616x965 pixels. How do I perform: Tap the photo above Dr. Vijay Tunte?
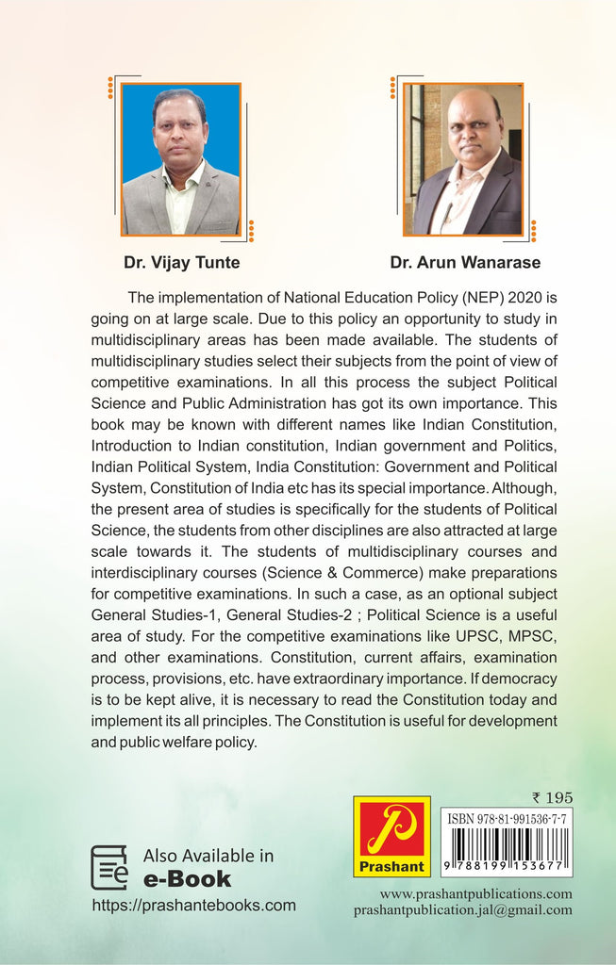pyautogui.click(x=180, y=158)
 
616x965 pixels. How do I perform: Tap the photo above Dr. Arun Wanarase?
pyautogui.click(x=463, y=158)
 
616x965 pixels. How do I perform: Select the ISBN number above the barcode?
pyautogui.click(x=507, y=820)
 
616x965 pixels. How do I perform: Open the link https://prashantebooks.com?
pyautogui.click(x=193, y=906)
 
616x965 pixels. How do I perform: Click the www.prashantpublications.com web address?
pyautogui.click(x=475, y=893)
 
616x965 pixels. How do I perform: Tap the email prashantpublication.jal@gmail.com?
pyautogui.click(x=462, y=910)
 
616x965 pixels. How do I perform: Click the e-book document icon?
pyautogui.click(x=109, y=867)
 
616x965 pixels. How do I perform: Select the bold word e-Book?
pyautogui.click(x=187, y=879)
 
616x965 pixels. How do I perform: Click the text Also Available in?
pyautogui.click(x=208, y=856)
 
